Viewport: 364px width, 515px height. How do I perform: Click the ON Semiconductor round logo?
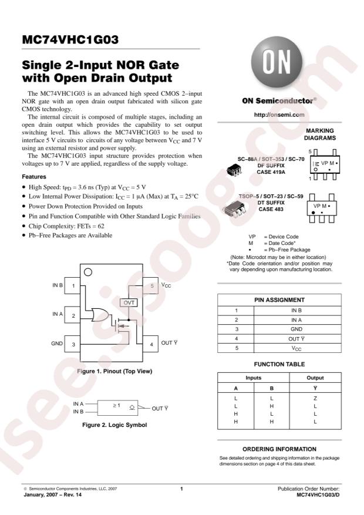pos(277,62)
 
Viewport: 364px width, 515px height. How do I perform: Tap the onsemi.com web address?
pos(279,115)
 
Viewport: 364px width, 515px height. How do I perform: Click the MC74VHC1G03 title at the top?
pos(70,40)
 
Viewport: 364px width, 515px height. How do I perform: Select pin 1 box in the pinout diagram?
pos(73,285)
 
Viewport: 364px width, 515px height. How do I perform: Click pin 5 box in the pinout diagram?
pos(151,286)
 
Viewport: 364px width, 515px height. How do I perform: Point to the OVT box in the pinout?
pos(129,302)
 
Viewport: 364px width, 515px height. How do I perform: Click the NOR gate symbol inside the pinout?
pos(100,315)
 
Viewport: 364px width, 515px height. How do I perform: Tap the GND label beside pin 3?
pos(57,343)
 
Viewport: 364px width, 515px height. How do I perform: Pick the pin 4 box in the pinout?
pos(151,344)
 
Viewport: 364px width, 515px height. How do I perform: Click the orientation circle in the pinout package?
pos(88,272)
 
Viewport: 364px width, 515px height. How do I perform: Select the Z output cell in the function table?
pos(315,398)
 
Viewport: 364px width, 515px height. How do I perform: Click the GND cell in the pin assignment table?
pos(296,329)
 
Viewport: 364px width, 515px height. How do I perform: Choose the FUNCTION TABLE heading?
pos(279,364)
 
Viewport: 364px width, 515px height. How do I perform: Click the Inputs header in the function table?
pos(253,378)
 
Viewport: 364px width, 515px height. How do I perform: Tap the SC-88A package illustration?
pos(234,171)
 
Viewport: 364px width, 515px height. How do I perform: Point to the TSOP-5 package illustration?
pos(234,209)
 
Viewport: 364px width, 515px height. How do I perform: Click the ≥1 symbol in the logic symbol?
pos(116,405)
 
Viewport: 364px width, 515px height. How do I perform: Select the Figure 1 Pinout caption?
pos(114,371)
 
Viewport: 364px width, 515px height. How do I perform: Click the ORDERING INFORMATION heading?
pos(279,449)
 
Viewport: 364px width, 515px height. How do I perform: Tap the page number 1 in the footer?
pos(181,489)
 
